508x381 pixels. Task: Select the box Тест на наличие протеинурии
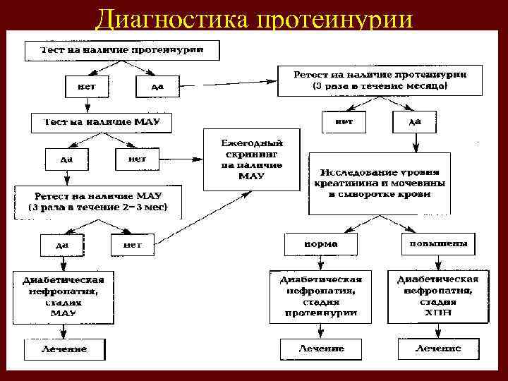click(122, 50)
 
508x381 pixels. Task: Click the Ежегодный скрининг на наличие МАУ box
click(252, 159)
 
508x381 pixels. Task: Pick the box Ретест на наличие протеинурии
click(380, 80)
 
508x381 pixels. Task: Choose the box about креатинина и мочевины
click(380, 183)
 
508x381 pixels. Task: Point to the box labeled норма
click(320, 244)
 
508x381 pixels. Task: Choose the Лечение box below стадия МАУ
click(64, 349)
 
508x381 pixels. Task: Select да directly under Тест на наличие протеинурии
click(158, 87)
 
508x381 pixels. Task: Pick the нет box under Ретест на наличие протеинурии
click(344, 121)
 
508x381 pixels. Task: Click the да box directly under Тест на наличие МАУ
click(66, 159)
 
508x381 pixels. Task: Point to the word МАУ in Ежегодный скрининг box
click(252, 176)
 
